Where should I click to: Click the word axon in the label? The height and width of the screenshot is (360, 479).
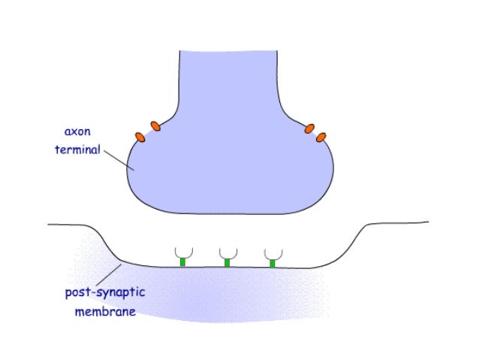point(77,132)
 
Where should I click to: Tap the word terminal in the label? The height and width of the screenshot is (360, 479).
point(77,149)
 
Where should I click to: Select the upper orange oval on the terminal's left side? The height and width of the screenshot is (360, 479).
point(155,126)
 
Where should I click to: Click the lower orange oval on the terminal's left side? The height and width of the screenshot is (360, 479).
point(140,137)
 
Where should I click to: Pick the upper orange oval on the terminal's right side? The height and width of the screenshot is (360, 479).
point(309,129)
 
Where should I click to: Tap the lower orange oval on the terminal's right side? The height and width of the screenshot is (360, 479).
point(321,138)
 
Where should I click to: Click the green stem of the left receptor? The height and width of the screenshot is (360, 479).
point(182,262)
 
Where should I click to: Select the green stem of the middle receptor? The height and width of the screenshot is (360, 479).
point(227,262)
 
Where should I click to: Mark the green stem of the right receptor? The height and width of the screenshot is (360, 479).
point(273,263)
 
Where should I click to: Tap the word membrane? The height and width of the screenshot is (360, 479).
point(105,310)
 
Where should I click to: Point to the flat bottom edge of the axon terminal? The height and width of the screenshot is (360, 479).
point(229,213)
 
